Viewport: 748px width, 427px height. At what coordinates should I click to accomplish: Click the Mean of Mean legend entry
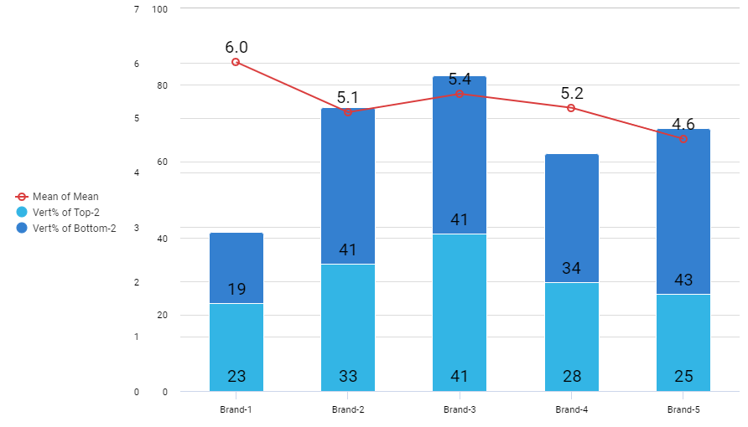click(65, 197)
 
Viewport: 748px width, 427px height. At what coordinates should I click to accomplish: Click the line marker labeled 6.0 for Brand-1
click(236, 62)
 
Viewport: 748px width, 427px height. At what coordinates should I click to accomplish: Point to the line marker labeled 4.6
click(683, 139)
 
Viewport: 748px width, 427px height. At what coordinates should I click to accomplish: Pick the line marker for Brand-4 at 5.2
click(571, 108)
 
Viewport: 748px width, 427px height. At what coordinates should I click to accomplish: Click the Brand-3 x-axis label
click(460, 410)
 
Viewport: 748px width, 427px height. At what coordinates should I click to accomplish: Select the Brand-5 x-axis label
click(683, 410)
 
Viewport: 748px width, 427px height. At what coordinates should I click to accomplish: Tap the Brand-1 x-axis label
click(236, 410)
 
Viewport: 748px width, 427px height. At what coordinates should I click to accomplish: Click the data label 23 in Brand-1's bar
click(236, 376)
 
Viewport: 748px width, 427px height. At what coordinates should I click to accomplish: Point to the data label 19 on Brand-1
click(236, 290)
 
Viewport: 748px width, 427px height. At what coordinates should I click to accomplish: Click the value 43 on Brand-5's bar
click(683, 280)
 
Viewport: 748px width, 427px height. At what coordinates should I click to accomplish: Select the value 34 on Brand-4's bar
click(571, 269)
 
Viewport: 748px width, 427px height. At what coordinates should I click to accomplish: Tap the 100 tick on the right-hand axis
click(159, 9)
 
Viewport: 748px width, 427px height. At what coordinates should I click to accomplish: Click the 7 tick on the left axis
click(137, 9)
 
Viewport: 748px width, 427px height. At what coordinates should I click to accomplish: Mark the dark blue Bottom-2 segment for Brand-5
click(683, 209)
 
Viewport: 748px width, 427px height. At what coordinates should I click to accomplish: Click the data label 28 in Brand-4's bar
click(571, 376)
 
